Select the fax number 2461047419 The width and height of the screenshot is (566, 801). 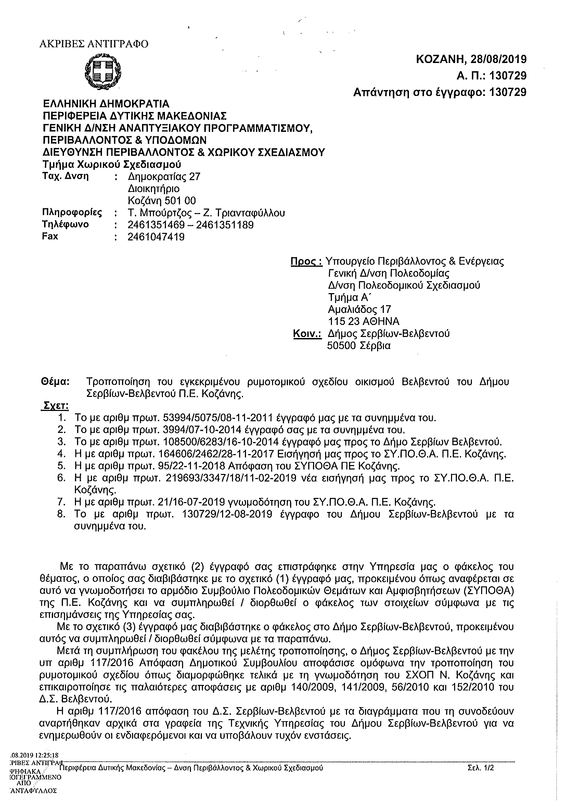click(156, 237)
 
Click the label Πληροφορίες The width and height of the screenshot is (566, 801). click(72, 212)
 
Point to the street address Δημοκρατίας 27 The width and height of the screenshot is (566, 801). click(164, 176)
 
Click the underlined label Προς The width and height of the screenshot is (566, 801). click(306, 261)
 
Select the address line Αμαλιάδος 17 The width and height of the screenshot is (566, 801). click(359, 310)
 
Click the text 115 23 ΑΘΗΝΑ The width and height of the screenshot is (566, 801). click(363, 321)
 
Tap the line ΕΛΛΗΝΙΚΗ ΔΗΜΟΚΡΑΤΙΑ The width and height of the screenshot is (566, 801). click(106, 104)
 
